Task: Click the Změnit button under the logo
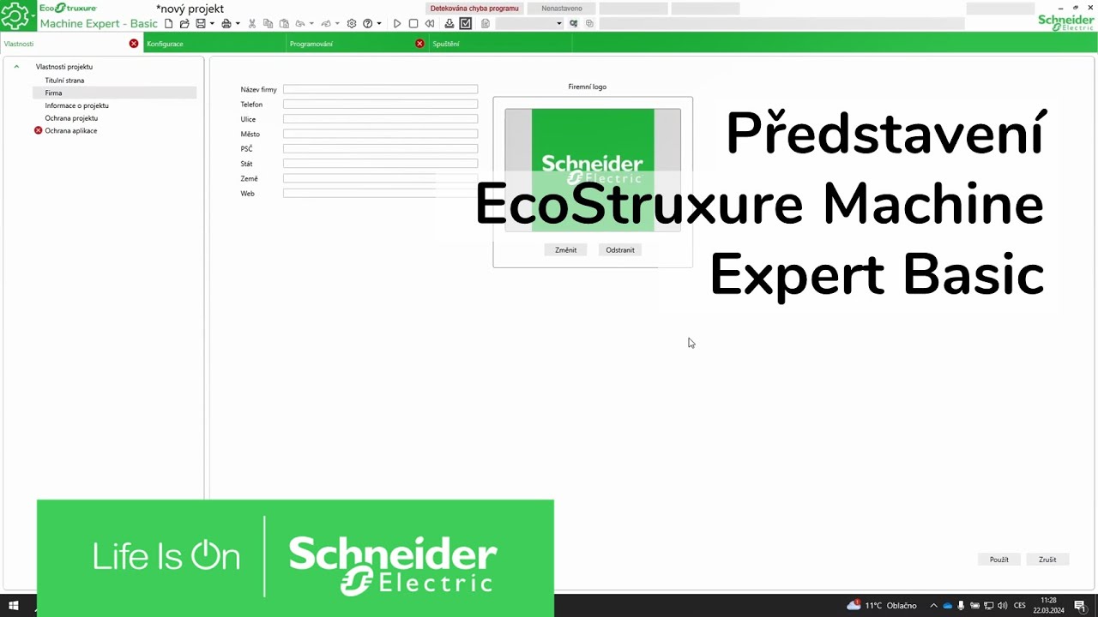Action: click(x=565, y=250)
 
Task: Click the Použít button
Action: click(x=998, y=560)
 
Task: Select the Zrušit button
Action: click(x=1047, y=560)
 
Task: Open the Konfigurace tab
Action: click(x=165, y=44)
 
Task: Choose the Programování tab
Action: click(x=311, y=44)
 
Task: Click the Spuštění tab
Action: click(x=446, y=44)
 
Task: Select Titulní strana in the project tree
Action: click(x=64, y=81)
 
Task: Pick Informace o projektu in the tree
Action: click(x=76, y=105)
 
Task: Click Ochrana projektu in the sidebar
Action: click(x=71, y=118)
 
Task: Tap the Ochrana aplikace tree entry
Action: click(x=71, y=131)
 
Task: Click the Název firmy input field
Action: click(x=380, y=89)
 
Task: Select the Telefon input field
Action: click(x=380, y=105)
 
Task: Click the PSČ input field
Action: click(x=380, y=149)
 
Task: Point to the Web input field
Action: click(x=380, y=194)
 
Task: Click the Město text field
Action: click(x=380, y=134)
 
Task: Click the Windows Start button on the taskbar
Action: click(x=14, y=606)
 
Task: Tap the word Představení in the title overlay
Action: click(x=885, y=135)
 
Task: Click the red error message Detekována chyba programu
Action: click(x=474, y=9)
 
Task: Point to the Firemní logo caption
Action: click(x=587, y=87)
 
